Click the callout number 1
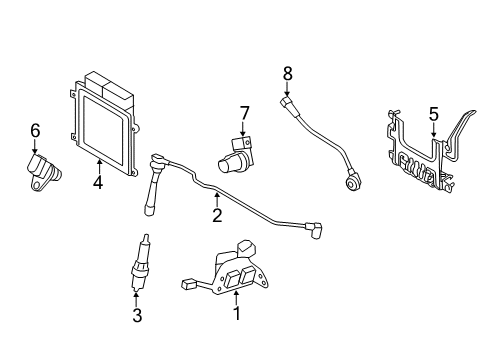coord(236,314)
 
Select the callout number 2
coord(217,215)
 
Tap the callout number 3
coord(138,316)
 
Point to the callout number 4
coord(98,182)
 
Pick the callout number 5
coord(433,115)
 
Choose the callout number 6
coord(34,129)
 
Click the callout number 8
coord(288,72)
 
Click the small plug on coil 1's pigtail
coord(188,284)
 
